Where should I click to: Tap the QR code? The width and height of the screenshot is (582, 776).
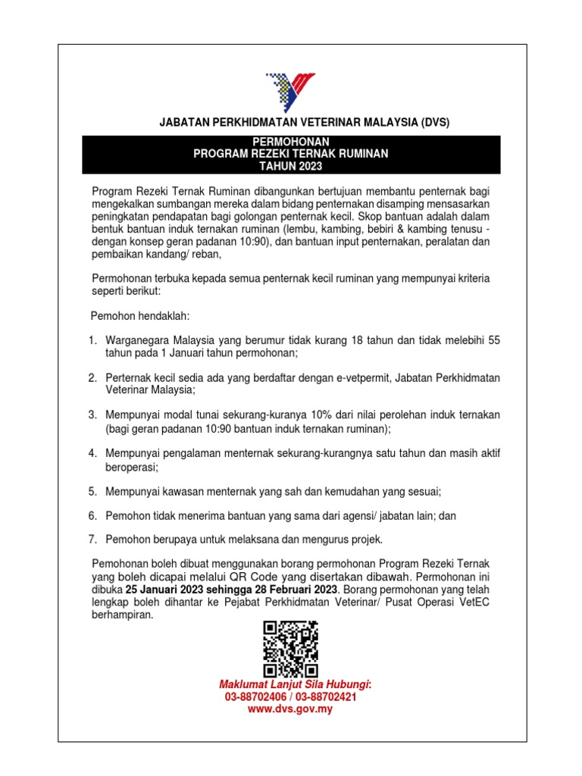pyautogui.click(x=290, y=649)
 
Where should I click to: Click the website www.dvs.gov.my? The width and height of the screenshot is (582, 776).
pyautogui.click(x=290, y=709)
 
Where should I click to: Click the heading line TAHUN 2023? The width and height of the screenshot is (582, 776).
pyautogui.click(x=290, y=166)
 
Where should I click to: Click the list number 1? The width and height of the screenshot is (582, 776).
pyautogui.click(x=92, y=341)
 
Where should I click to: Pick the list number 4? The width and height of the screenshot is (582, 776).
pyautogui.click(x=92, y=453)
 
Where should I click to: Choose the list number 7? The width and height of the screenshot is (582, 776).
pyautogui.click(x=92, y=540)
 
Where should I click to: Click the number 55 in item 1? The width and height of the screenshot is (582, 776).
pyautogui.click(x=493, y=341)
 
